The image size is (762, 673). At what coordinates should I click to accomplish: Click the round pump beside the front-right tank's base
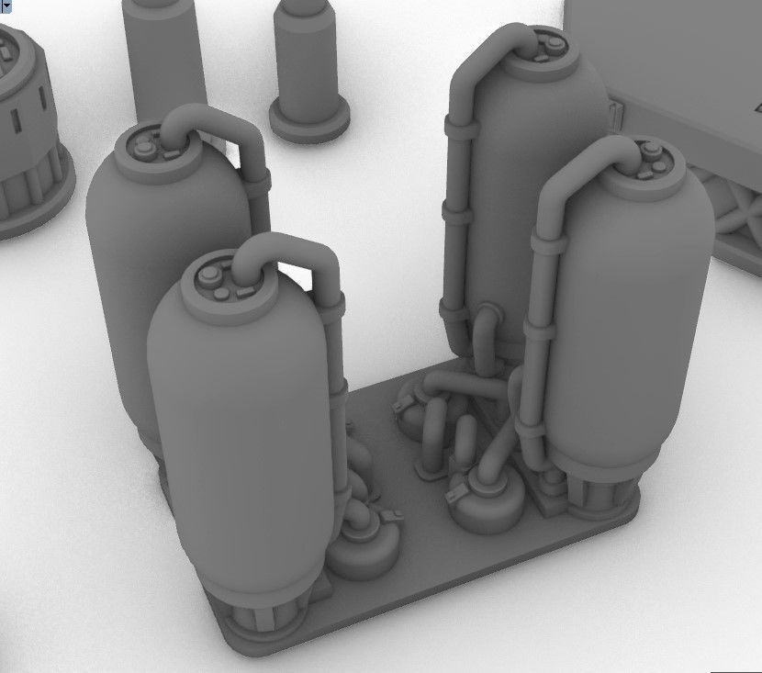pos(487,500)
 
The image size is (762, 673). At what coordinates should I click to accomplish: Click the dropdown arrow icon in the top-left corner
pos(6,6)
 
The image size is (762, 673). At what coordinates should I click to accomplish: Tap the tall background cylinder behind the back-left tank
pos(165,55)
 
